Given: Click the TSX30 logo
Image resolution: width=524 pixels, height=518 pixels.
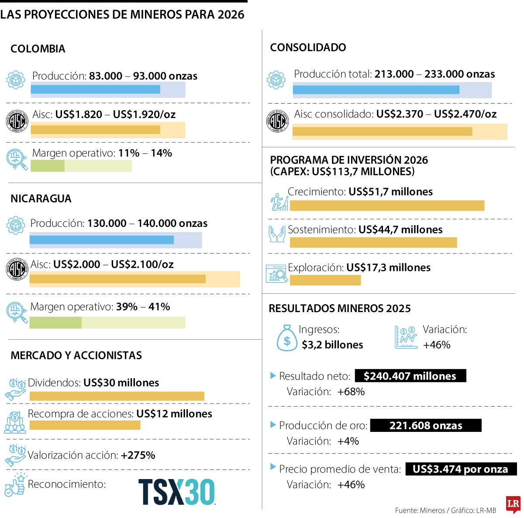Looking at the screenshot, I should (176, 492).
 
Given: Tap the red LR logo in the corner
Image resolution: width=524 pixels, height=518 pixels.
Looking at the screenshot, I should (513, 504).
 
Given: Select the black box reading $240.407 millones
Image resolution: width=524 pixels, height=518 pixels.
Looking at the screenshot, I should (410, 376).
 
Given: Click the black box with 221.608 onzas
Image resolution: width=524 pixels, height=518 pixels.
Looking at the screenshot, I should (425, 425).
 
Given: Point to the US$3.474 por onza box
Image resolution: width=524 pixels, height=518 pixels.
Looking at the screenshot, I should (461, 469).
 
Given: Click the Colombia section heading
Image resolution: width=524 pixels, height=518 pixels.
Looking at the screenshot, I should (38, 49).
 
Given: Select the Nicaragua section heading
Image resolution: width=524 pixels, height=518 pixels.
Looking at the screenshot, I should (41, 198).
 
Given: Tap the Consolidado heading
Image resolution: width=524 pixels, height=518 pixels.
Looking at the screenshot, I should (308, 47).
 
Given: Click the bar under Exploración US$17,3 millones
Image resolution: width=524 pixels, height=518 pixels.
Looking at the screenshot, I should (325, 280).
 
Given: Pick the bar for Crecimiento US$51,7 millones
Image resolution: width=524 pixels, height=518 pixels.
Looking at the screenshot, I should (387, 205).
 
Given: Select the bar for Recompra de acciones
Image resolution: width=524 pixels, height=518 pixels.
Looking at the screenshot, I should (85, 425).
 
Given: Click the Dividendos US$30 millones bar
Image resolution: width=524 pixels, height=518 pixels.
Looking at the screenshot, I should (117, 396).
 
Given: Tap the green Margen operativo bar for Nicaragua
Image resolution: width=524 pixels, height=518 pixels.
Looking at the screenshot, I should (55, 323).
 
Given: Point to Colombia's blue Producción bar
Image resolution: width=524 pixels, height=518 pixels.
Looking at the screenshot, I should (95, 90).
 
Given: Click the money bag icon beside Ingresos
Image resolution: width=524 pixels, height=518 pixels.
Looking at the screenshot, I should (287, 338).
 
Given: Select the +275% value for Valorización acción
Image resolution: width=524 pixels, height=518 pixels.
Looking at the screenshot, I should (138, 455).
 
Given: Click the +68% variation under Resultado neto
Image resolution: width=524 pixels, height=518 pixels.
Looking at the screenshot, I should (351, 392).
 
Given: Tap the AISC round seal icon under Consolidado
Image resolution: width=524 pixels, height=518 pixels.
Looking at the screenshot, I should (277, 121).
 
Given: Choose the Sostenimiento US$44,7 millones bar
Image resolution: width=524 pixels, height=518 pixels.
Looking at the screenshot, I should (373, 243).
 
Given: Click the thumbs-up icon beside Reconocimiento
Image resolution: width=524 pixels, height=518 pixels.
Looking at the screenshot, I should (15, 485).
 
